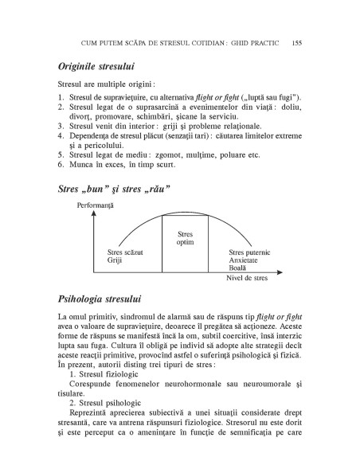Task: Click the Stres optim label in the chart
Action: (185, 239)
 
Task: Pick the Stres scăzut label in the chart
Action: (125, 252)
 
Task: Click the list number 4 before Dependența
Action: (61, 136)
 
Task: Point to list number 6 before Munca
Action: (61, 165)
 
